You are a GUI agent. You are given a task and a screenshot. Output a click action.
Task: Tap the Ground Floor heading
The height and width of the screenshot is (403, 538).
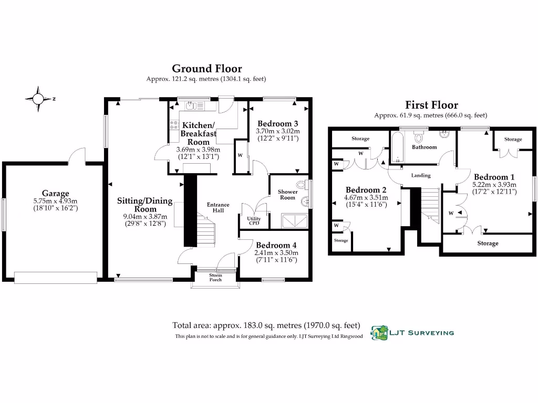[x=207, y=69]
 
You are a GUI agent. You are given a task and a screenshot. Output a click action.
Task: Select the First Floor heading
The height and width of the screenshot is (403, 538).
[x=431, y=105]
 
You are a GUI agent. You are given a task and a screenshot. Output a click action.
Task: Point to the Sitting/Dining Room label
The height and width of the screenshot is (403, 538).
[x=144, y=205]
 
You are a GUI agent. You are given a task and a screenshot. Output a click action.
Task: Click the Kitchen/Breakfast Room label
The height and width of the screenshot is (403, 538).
[x=199, y=134]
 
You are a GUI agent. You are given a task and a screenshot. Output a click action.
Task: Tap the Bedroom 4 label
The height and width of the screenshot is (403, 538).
[x=276, y=245]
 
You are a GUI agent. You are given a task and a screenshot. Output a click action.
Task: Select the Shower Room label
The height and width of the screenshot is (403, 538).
[x=287, y=195]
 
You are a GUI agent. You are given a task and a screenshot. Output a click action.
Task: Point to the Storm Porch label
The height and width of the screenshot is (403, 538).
[x=215, y=277]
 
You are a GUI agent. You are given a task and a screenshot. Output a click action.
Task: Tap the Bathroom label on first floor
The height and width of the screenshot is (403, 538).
[x=424, y=147]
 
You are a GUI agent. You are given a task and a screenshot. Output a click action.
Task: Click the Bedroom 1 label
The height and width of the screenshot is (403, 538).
[x=494, y=177]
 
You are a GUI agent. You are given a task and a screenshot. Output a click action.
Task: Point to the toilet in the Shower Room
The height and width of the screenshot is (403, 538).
[x=301, y=185]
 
